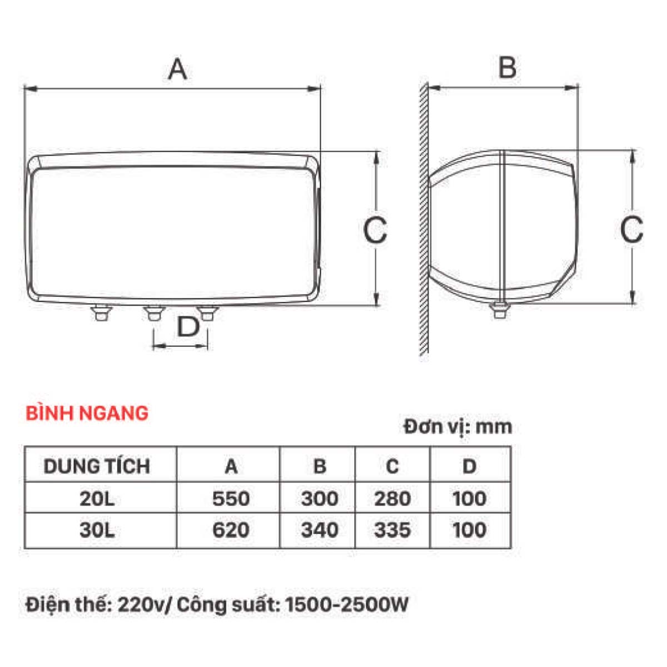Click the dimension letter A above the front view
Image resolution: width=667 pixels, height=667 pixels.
pyautogui.click(x=177, y=69)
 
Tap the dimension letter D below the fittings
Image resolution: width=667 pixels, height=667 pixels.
pyautogui.click(x=188, y=326)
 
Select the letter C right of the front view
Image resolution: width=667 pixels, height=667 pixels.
pyautogui.click(x=375, y=229)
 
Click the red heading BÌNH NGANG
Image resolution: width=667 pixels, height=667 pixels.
pyautogui.click(x=87, y=413)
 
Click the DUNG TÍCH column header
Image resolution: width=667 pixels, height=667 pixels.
pyautogui.click(x=97, y=466)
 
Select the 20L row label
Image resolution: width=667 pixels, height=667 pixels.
pyautogui.click(x=97, y=499)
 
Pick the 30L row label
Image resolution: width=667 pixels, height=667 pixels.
pyautogui.click(x=97, y=530)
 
